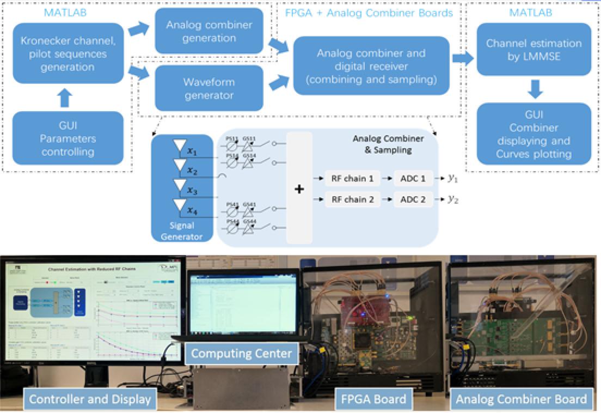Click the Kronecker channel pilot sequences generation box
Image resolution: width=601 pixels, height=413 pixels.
coord(64,54)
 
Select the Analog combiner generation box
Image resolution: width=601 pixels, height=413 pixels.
coord(208,31)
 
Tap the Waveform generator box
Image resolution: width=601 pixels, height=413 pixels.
coord(208,88)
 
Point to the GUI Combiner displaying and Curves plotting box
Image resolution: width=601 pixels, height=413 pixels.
coord(533,134)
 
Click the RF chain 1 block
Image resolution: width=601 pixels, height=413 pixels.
coord(352,178)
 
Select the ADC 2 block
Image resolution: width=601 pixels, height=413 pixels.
coord(413,199)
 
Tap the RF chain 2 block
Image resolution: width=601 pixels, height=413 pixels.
coord(352,199)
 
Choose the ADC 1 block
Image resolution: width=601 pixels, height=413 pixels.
coord(413,178)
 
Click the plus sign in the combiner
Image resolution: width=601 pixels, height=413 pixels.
coord(299,189)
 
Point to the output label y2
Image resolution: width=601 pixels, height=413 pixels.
coord(453,199)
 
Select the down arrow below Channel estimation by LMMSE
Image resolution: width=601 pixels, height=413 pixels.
coord(536,88)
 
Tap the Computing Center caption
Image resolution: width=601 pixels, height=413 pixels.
coord(241,354)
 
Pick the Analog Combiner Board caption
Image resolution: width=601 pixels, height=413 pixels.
coord(521,399)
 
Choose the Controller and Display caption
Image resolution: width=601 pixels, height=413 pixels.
coord(90,399)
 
